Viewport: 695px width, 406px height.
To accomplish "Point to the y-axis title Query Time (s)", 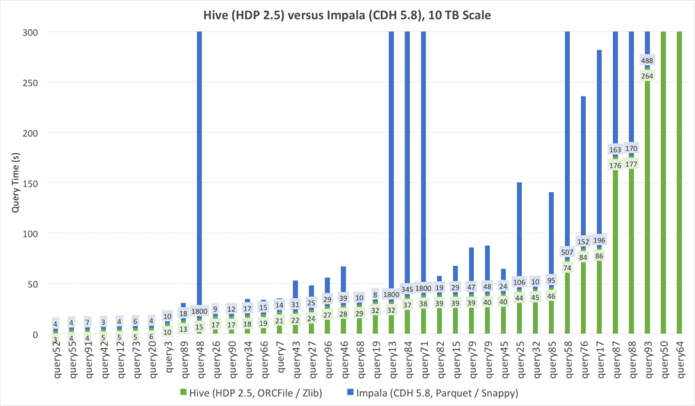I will (14, 183).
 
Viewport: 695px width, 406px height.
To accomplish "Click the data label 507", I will (567, 252).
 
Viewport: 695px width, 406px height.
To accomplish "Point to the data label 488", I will (647, 60).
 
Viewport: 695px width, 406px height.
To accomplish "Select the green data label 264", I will (647, 75).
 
